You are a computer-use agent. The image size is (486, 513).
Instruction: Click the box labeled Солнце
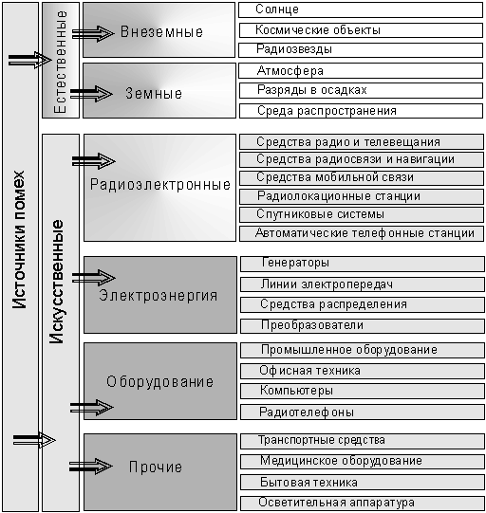361,9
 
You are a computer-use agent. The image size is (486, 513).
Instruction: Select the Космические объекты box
361,30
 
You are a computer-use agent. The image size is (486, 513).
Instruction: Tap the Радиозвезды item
361,50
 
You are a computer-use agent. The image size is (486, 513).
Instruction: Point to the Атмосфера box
361,71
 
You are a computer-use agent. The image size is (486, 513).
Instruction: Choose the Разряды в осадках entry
361,91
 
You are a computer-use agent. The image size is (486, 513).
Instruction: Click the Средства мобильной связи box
362,177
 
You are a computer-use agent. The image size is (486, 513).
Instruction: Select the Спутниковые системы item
362,214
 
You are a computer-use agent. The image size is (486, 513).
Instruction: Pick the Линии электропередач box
363,284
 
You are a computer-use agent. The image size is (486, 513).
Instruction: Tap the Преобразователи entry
363,326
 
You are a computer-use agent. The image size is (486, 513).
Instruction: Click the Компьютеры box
363,391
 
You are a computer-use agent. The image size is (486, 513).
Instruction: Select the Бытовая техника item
363,483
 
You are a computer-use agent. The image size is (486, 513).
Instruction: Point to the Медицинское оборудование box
363,461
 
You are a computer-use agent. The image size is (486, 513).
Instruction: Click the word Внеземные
161,32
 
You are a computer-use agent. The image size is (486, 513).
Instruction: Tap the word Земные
154,94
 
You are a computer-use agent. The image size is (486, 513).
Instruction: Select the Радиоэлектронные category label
160,185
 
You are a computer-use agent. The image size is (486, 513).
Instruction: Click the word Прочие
156,467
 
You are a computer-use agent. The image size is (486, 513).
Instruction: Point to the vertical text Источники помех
19,240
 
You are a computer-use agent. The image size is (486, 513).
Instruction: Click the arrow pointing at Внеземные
93,33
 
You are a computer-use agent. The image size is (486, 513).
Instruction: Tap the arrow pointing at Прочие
91,467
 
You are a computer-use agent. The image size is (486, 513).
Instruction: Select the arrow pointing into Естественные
29,60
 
